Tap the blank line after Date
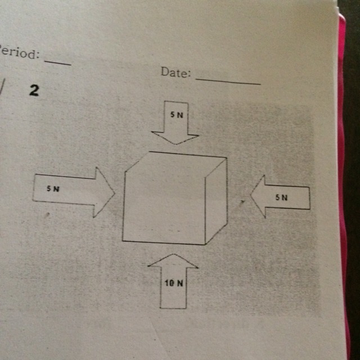click(x=228, y=82)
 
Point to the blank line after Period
click(x=57, y=61)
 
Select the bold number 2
click(x=34, y=91)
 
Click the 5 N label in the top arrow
click(x=177, y=114)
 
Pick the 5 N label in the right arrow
click(x=281, y=197)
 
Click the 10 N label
click(x=174, y=283)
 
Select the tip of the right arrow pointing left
click(x=250, y=195)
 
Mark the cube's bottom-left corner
click(x=123, y=240)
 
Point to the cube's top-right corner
click(x=227, y=157)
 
